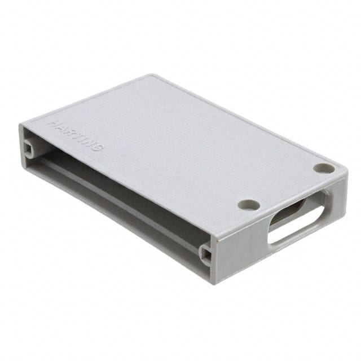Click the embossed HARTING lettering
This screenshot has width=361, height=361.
75,136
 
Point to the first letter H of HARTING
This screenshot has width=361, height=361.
52,124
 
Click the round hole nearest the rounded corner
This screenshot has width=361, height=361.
324,168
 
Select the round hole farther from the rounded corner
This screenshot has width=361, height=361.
249,204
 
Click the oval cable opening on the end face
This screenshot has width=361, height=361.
297,217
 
